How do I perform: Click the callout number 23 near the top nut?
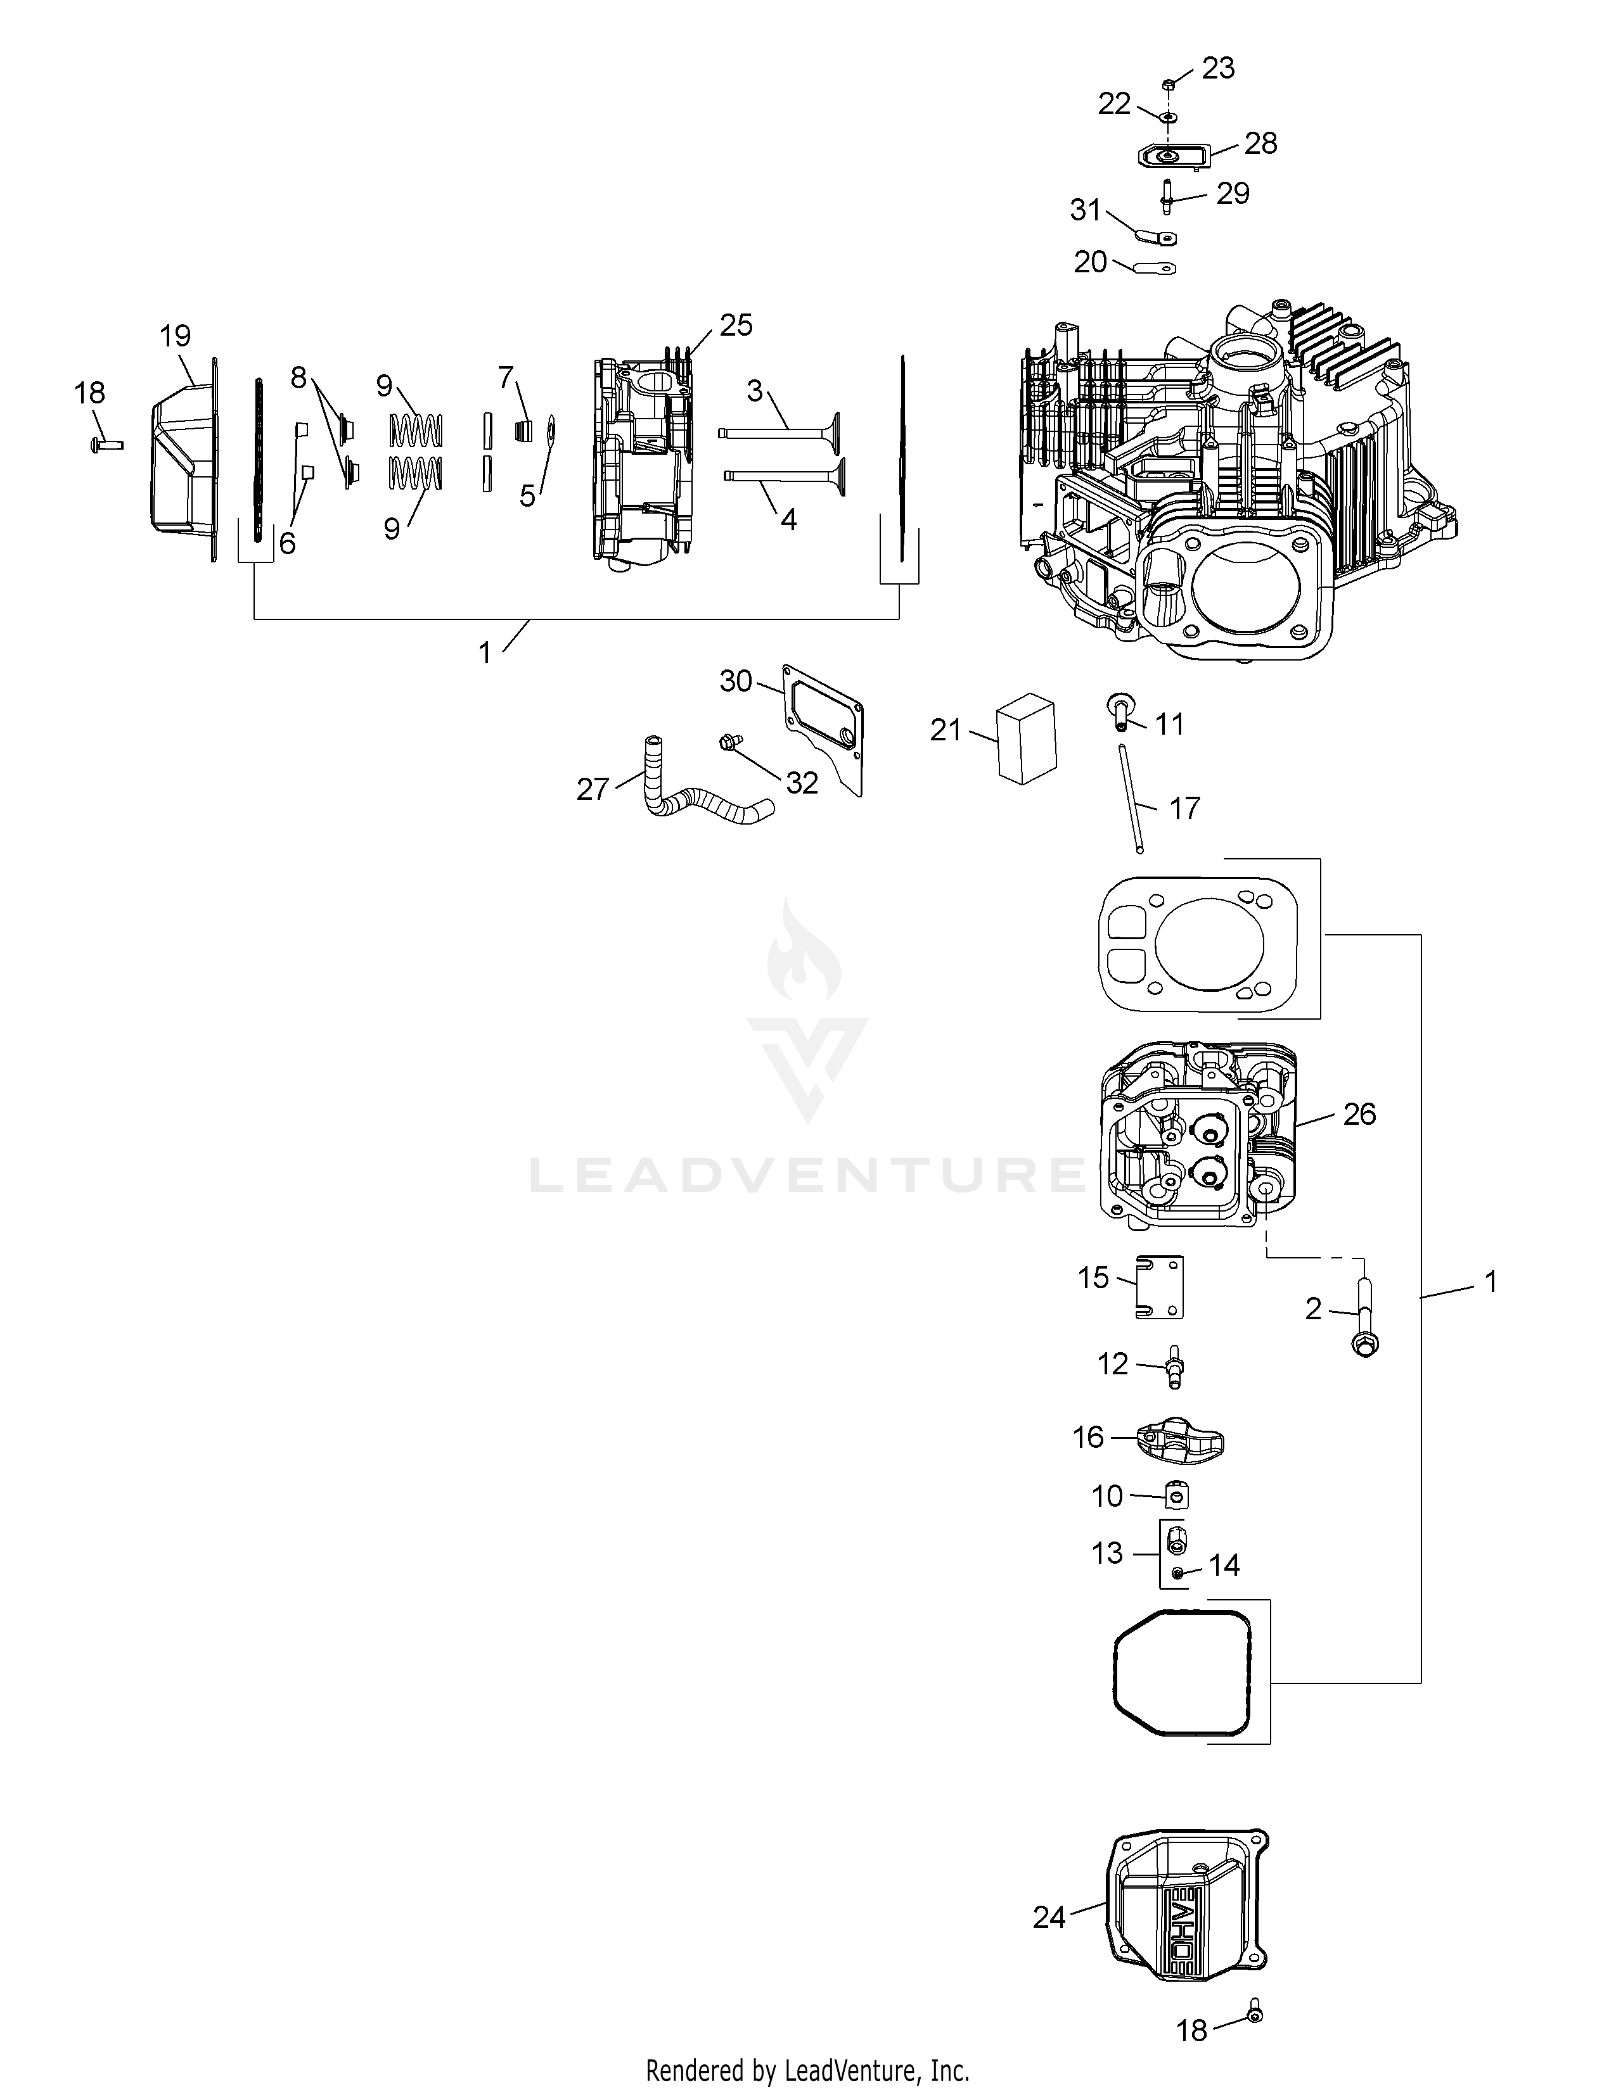click(1218, 69)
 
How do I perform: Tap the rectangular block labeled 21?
click(1024, 738)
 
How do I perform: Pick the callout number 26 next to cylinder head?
click(1359, 1114)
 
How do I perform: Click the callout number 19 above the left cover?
click(175, 336)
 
